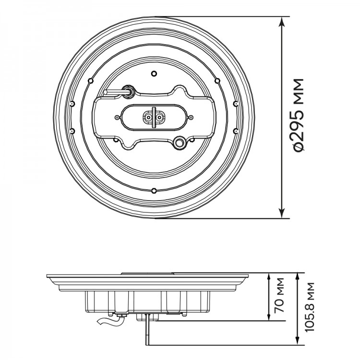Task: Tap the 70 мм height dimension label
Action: (280, 295)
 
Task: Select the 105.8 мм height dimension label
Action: (310, 307)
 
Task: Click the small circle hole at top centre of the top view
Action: (154, 74)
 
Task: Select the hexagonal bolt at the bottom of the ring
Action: (154, 191)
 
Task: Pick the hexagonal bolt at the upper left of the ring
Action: (91, 81)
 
